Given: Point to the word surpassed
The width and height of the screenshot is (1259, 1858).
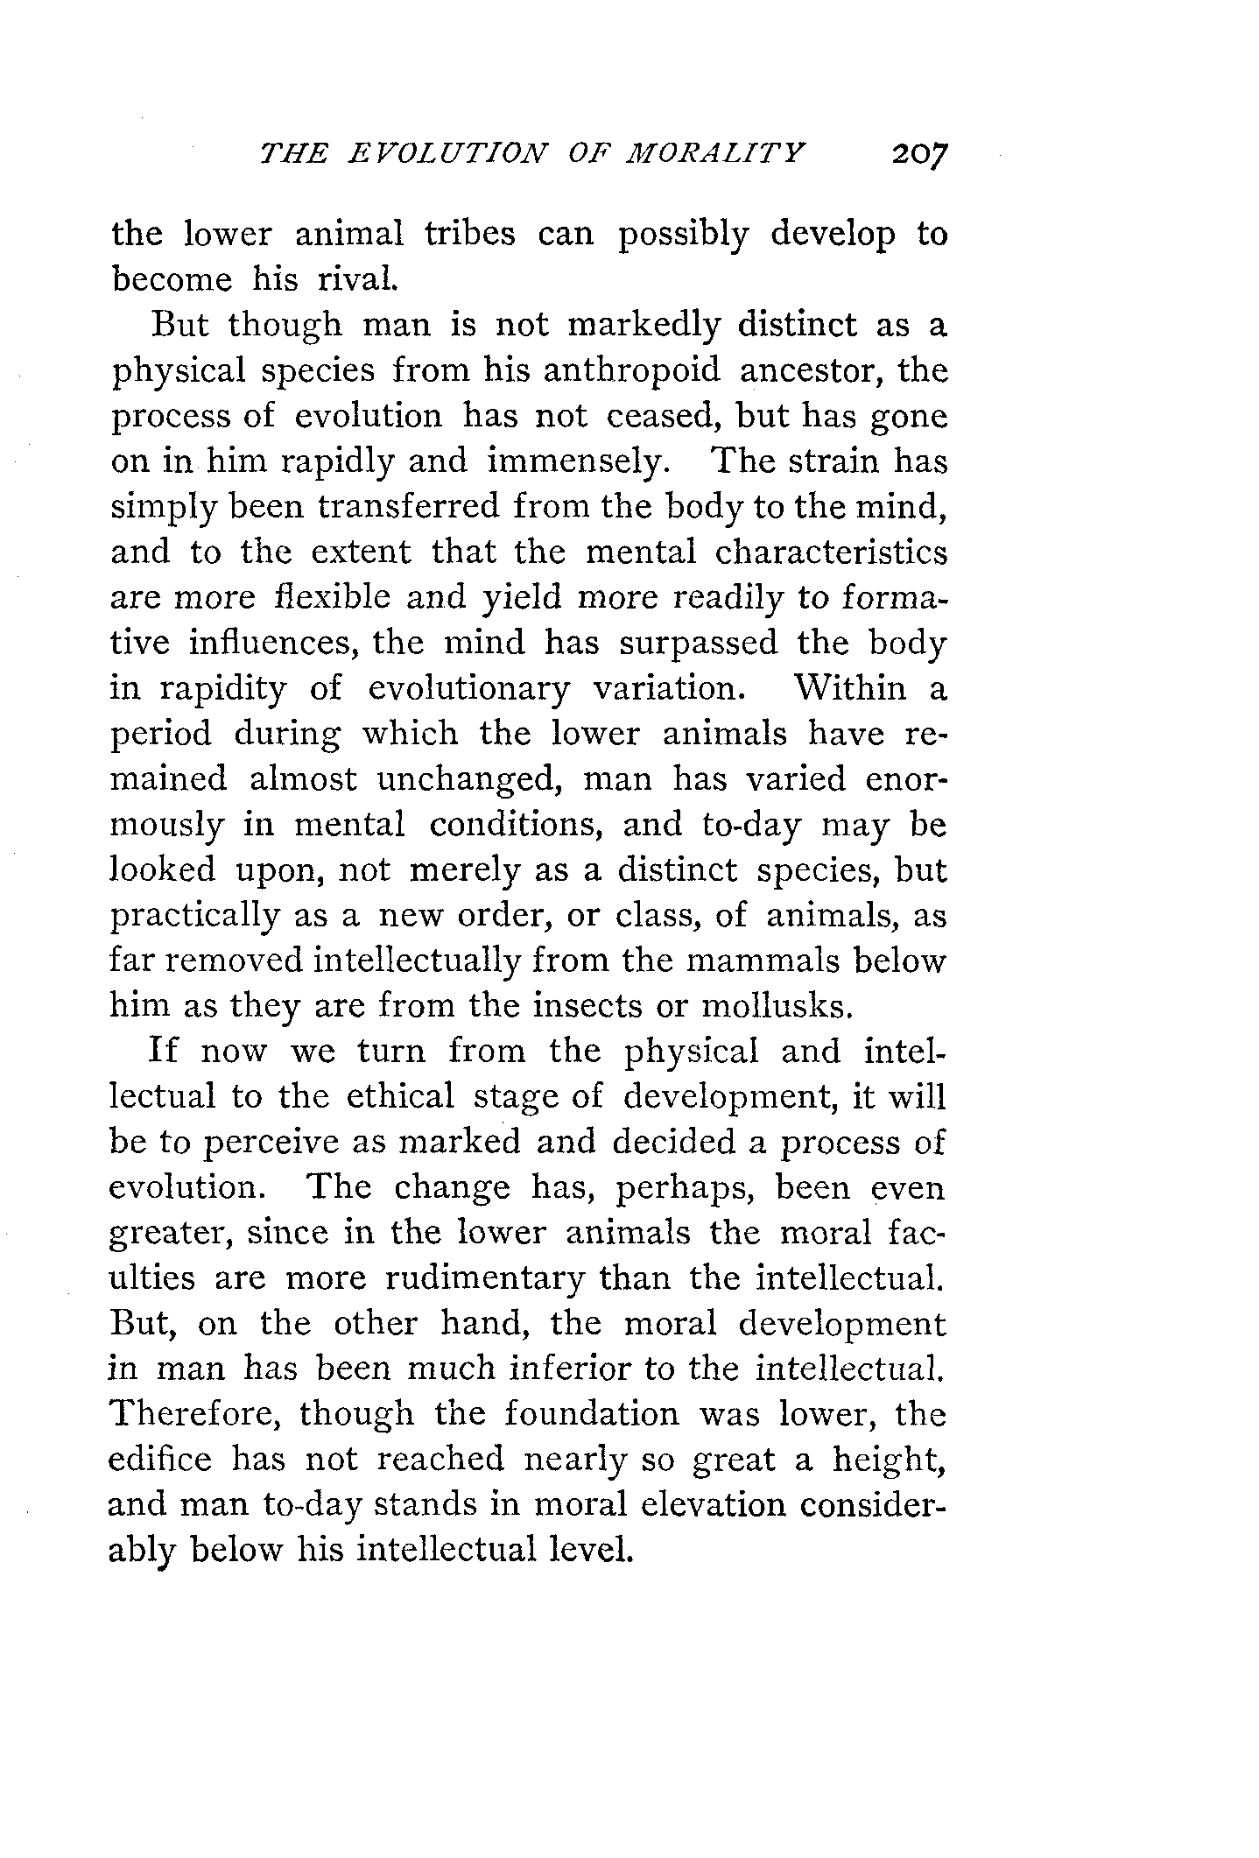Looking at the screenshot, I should click(x=698, y=643).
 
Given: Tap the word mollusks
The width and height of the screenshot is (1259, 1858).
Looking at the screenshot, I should click(x=777, y=1006).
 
